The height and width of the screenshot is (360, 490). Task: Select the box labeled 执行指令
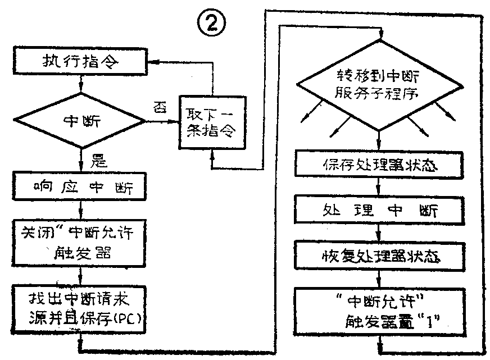pyautogui.click(x=81, y=61)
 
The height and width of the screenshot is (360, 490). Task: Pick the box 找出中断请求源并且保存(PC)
pyautogui.click(x=83, y=306)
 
